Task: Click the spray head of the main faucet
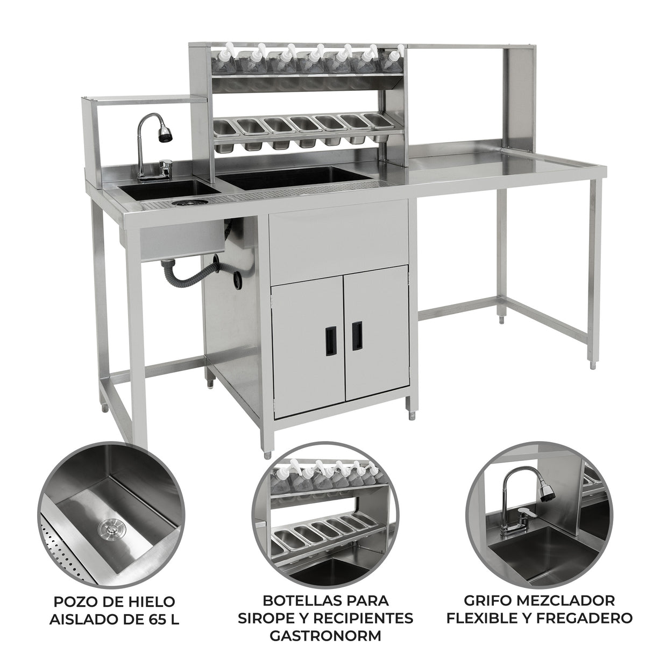click(166, 133)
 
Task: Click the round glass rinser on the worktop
click(183, 203)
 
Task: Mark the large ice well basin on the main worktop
click(295, 178)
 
